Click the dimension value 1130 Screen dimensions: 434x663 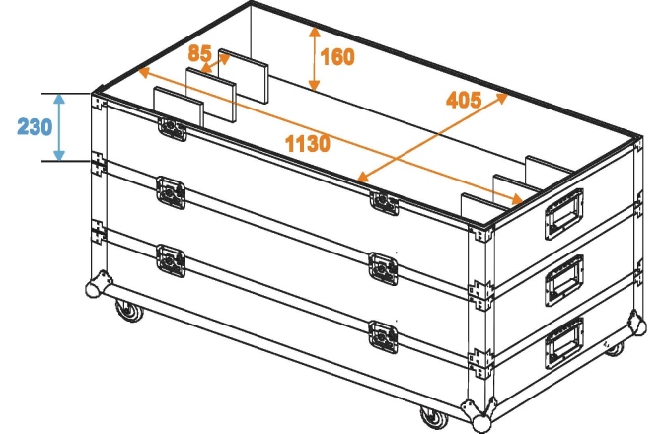pos(307,144)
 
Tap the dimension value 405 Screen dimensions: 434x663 pos(464,100)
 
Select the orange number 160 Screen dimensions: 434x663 pos(337,58)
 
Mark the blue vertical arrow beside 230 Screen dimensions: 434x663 pos(60,126)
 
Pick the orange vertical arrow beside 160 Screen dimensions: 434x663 pos(313,58)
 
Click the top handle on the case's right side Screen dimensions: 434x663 pos(564,214)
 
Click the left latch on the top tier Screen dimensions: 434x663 pos(171,128)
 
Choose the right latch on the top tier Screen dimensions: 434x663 pos(383,201)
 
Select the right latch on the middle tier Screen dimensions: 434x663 pos(383,265)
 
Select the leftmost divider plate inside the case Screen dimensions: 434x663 pos(177,106)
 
